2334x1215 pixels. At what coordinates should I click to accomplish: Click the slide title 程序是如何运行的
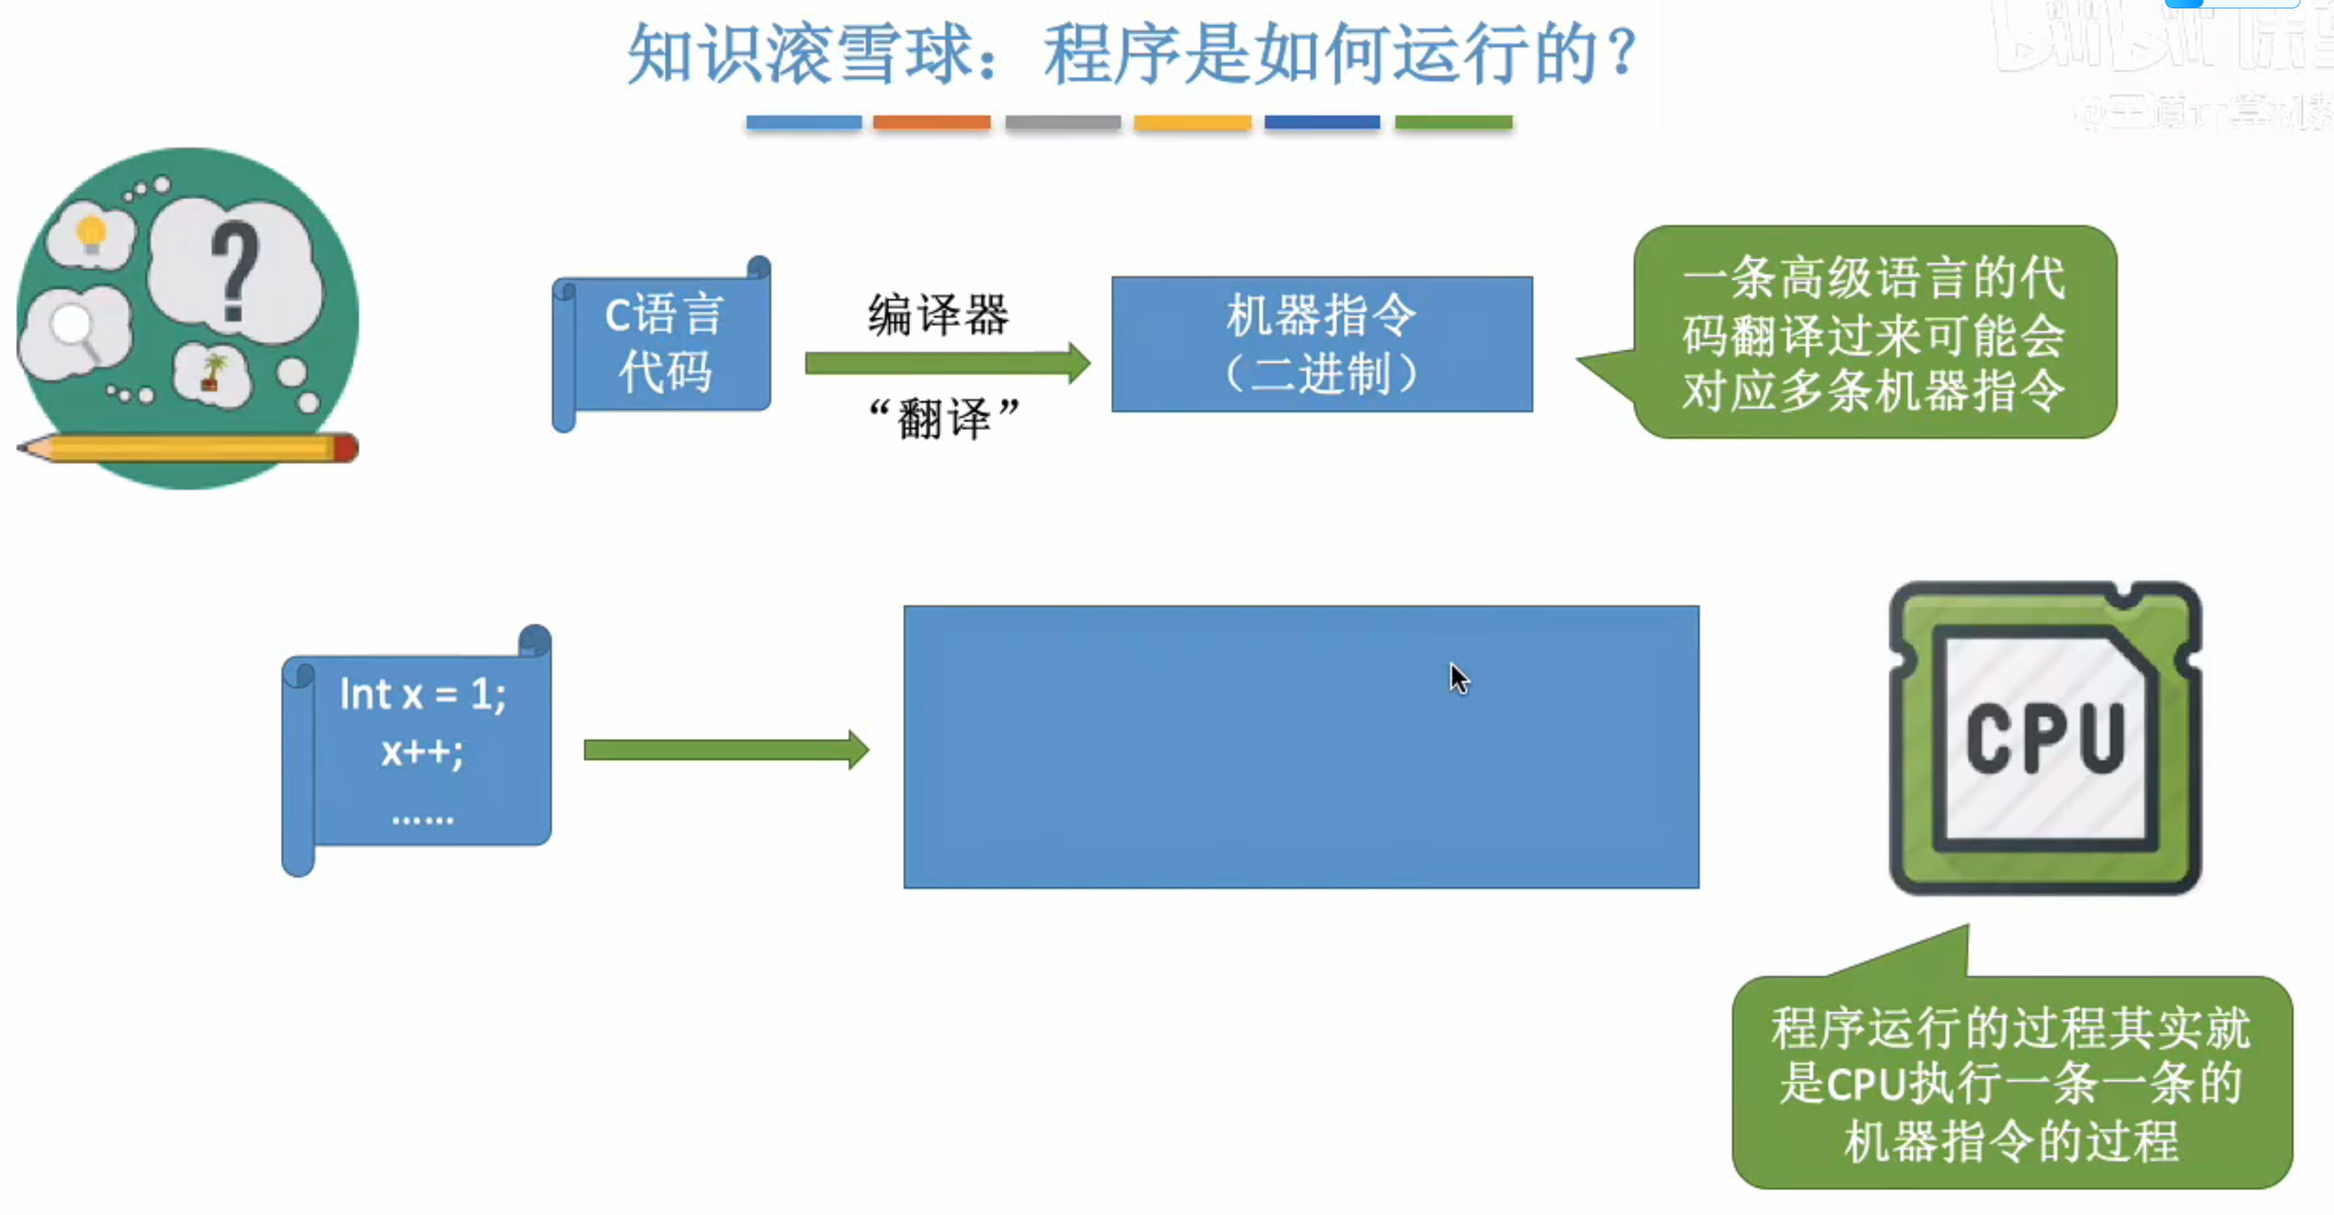[x=1133, y=54]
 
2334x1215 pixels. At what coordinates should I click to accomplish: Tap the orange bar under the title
[x=932, y=122]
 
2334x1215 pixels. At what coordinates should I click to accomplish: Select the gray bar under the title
[x=1063, y=122]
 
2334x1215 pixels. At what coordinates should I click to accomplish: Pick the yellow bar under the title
[x=1192, y=122]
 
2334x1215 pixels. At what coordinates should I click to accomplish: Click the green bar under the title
[x=1453, y=122]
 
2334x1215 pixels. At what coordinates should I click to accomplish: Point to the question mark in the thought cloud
[x=235, y=272]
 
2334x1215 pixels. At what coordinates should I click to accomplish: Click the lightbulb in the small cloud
[x=91, y=234]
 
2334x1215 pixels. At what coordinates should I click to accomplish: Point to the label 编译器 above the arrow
[x=938, y=314]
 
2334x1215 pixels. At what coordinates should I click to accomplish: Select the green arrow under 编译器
[x=947, y=363]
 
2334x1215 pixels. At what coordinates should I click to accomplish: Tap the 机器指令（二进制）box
[x=1322, y=344]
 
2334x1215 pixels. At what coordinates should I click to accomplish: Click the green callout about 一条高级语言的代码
[x=1874, y=333]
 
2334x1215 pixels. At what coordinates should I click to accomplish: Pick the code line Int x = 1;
[x=423, y=695]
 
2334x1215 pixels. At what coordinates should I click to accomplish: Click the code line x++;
[x=423, y=752]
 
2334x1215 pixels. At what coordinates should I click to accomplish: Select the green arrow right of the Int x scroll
[x=726, y=749]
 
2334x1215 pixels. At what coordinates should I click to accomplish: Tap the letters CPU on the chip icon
[x=2045, y=738]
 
